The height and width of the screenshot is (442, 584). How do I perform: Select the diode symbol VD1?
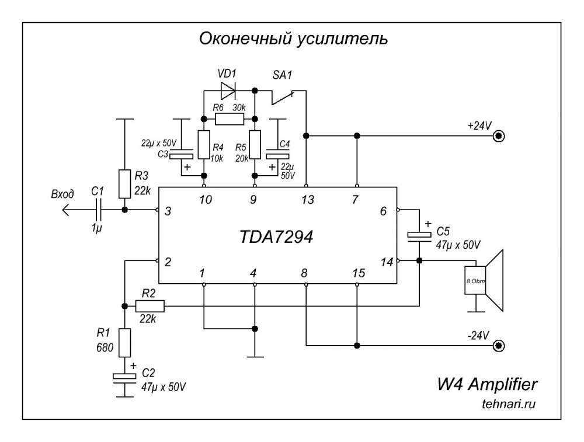click(228, 90)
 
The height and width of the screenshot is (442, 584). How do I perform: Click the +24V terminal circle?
click(498, 136)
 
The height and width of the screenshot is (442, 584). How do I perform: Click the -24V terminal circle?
click(498, 346)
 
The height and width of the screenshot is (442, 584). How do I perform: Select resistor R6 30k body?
click(228, 120)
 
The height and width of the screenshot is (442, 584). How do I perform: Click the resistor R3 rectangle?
click(124, 184)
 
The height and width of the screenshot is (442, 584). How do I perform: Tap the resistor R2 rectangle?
click(150, 306)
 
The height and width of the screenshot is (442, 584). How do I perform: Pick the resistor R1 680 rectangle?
click(124, 342)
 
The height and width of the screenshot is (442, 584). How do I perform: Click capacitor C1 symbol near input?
click(99, 209)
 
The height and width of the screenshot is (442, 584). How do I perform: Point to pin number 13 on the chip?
click(307, 200)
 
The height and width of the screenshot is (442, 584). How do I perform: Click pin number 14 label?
click(386, 262)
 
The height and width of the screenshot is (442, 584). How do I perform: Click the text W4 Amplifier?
click(487, 385)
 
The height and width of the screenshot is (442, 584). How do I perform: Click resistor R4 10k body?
click(203, 145)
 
